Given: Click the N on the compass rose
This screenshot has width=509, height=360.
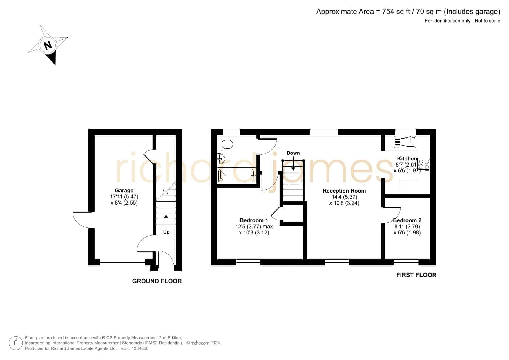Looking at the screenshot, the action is click(x=48, y=45).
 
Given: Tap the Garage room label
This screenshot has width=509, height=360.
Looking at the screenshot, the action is click(x=124, y=191).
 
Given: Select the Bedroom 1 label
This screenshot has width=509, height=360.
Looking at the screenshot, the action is click(x=254, y=220).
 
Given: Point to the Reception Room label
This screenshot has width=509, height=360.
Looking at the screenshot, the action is click(x=344, y=191).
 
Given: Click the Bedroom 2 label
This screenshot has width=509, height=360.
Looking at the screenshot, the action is click(x=407, y=220).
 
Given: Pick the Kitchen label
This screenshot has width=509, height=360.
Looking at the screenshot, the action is click(x=407, y=159).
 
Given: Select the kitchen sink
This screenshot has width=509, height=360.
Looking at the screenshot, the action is click(x=405, y=142).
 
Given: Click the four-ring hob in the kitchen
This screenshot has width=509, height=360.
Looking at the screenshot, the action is click(x=424, y=164).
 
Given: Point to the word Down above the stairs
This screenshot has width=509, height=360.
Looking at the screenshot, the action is click(x=293, y=153).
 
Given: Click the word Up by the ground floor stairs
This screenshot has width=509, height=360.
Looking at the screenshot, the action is click(x=166, y=232).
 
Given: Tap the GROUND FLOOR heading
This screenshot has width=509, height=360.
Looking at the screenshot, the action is click(x=157, y=281).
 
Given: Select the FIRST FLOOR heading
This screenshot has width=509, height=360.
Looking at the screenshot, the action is click(x=416, y=275).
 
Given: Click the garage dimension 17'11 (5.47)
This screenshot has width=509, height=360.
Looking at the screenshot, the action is click(x=124, y=197).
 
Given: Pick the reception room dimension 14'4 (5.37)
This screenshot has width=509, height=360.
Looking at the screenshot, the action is click(x=344, y=197).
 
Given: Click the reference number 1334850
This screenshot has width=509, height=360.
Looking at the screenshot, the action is click(x=140, y=348).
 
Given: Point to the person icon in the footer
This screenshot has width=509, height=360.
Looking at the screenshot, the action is click(x=16, y=343).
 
